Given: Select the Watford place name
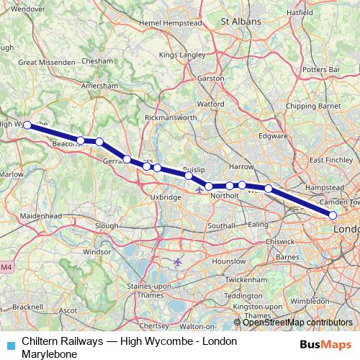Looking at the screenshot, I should pyautogui.click(x=211, y=104).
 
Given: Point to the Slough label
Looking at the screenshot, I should pyautogui.click(x=107, y=225).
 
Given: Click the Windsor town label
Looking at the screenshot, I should pyautogui.click(x=97, y=253).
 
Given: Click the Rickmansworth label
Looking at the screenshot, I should pyautogui.click(x=171, y=117).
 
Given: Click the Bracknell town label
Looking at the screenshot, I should pyautogui.click(x=27, y=306).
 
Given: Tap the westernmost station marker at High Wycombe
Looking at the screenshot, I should pyautogui.click(x=27, y=125).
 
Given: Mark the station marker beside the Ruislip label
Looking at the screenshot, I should pyautogui.click(x=188, y=175).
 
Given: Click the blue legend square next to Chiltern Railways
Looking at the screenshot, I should pyautogui.click(x=11, y=344).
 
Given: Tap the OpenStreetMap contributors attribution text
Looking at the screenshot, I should pyautogui.click(x=297, y=323).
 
